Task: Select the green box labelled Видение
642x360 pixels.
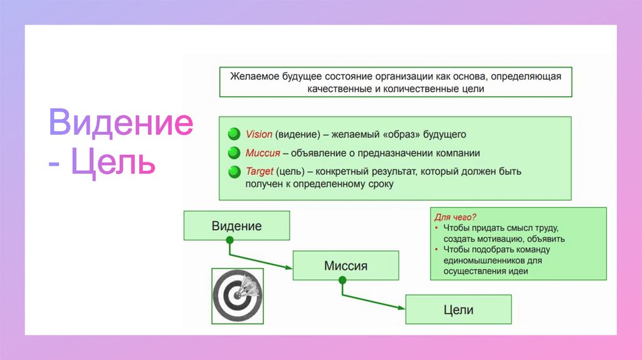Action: point(236,226)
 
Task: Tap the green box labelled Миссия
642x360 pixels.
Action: point(345,265)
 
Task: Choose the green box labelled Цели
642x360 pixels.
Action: point(458,309)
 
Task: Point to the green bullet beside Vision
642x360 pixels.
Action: point(234,134)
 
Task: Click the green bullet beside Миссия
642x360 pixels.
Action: point(234,152)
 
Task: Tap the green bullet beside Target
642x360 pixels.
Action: point(234,171)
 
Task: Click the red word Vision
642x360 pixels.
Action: point(259,134)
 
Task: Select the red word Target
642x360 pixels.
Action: point(260,171)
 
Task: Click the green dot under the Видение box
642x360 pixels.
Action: point(229,240)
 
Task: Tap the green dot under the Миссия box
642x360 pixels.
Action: point(342,280)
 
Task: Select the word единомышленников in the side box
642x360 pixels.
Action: point(480,260)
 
